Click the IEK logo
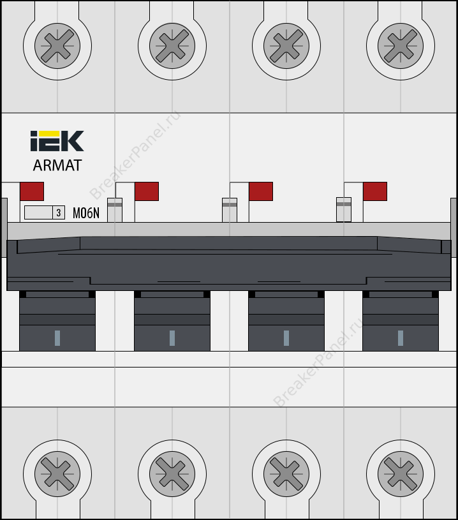[57, 141]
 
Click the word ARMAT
[57, 165]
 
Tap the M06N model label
[86, 213]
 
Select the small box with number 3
[59, 212]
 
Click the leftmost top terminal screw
[57, 46]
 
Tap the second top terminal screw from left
[172, 46]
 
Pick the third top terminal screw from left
[286, 46]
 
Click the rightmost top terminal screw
[401, 46]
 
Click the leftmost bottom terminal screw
[57, 474]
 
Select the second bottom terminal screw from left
[172, 474]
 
